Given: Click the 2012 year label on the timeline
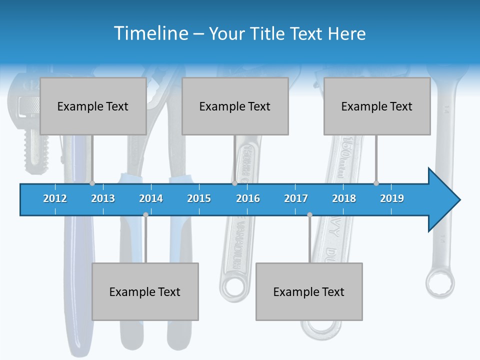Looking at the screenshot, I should pos(55,198).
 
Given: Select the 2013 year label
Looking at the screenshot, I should pos(103,198).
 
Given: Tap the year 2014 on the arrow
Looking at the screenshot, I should pos(151,198).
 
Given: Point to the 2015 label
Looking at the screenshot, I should pos(199,198).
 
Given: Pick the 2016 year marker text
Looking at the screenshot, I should pos(248,198).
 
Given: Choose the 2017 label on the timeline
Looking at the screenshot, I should pos(296,198).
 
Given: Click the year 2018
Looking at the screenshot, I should pos(344,198).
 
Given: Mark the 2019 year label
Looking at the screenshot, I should pos(392,198).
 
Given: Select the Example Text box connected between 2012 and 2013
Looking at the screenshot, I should pos(93,106).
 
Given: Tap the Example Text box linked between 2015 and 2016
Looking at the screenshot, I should pos(235,106).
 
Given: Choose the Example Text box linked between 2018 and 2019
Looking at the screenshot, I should pos(377,106).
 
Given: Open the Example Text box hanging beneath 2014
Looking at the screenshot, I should pos(145,291).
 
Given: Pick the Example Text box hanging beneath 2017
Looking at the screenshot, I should pos(309,291).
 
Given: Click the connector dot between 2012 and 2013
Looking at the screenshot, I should pos(92,183).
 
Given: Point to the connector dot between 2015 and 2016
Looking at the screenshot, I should pos(234,183).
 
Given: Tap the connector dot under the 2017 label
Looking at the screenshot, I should pos(309,214).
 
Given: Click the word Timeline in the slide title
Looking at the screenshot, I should pos(150,33).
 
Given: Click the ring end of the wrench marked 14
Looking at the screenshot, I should pos(440,283).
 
